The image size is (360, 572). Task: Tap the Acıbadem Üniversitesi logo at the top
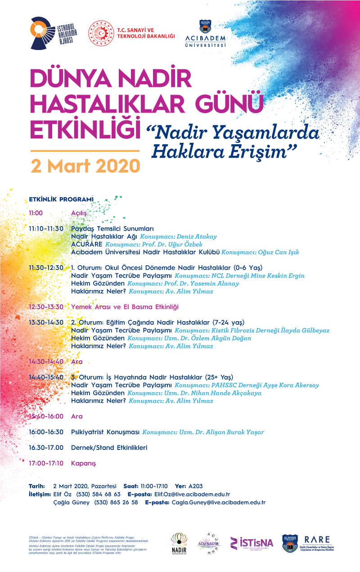pos(205,33)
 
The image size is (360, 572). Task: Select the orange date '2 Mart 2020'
pos(85,166)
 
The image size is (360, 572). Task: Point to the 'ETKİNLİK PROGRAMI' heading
pos(61,199)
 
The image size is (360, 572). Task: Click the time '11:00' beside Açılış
pos(36,212)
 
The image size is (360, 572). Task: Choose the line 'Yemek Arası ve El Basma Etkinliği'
pos(125,307)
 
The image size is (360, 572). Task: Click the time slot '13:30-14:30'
pos(46,322)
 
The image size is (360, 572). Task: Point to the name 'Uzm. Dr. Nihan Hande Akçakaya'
pos(220,393)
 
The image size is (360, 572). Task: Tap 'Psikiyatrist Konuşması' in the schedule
pos(105,432)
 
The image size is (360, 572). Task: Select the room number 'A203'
pos(196,486)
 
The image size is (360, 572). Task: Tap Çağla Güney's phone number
pos(116,502)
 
